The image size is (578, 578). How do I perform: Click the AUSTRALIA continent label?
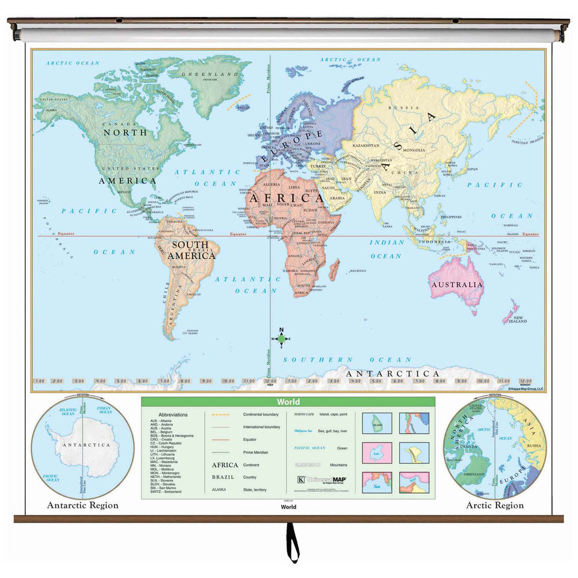(456, 284)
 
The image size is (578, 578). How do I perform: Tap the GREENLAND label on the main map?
(211, 74)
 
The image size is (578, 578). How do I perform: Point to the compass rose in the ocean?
(281, 338)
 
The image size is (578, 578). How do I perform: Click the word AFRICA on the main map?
(286, 197)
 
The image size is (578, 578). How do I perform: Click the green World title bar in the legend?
(288, 402)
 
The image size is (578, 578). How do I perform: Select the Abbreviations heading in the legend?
(173, 415)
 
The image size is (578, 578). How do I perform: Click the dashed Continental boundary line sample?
(222, 415)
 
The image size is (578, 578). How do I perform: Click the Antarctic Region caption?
(82, 505)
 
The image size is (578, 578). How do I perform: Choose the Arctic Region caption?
(495, 505)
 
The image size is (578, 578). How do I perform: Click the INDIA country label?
(380, 193)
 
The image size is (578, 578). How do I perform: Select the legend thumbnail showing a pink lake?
(377, 452)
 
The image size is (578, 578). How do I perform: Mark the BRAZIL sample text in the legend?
(222, 476)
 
